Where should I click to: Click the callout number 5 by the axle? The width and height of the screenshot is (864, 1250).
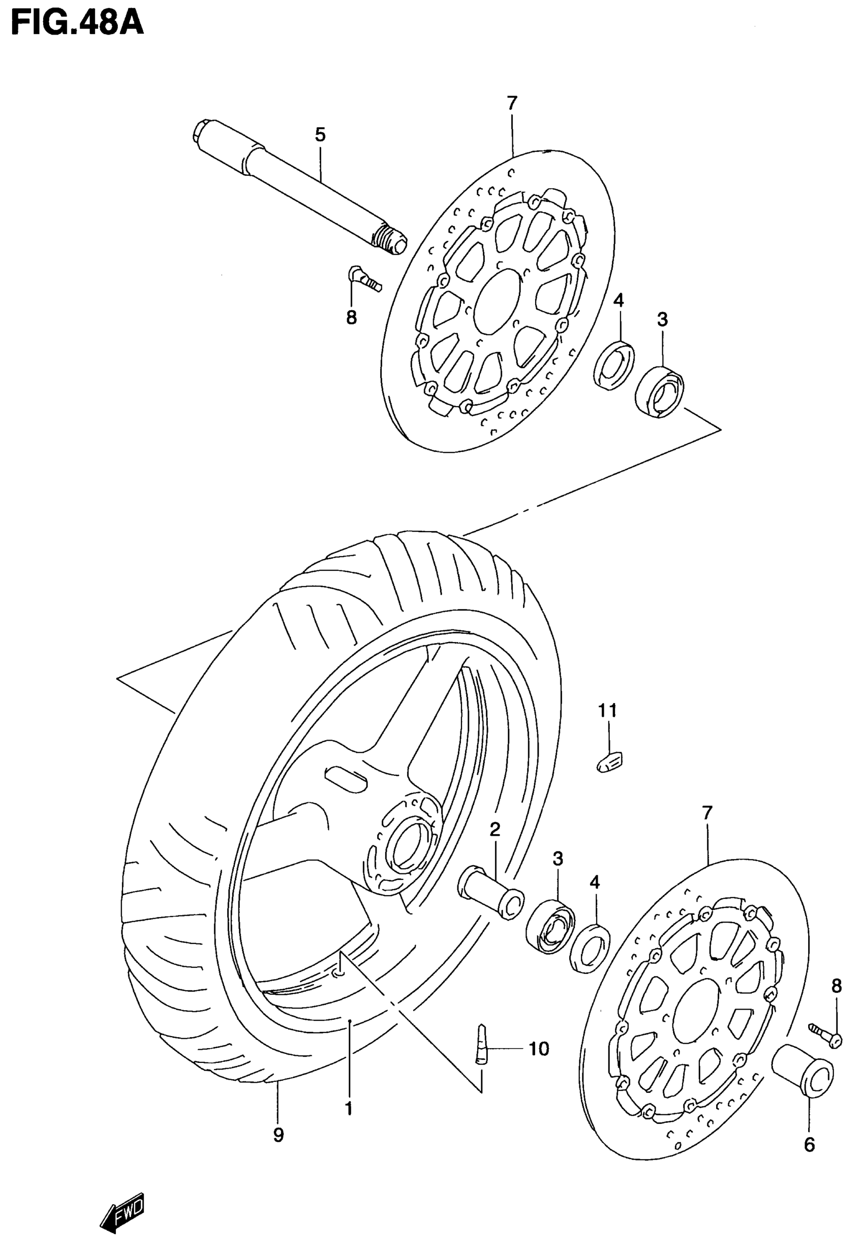(321, 135)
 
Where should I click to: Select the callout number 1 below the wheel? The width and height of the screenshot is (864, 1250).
(349, 1108)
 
